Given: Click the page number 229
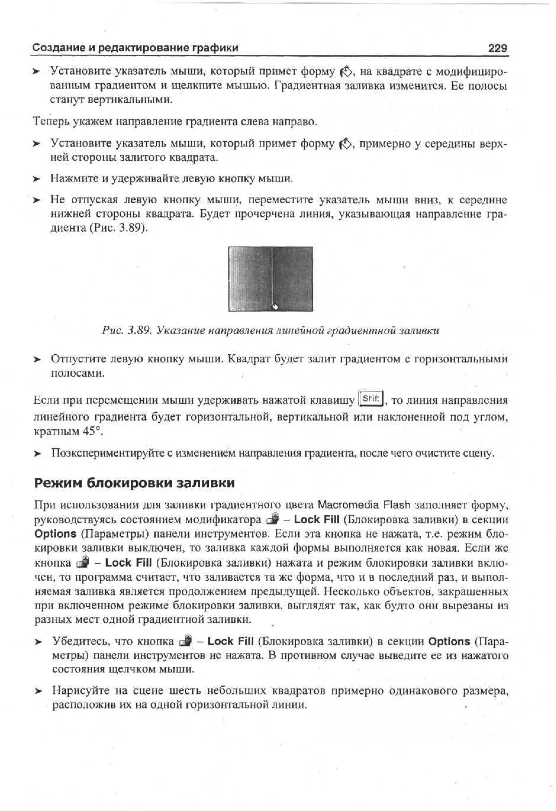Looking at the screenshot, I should [497, 48].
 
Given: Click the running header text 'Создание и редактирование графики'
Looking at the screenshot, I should [135, 48].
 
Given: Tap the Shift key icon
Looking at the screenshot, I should [371, 398].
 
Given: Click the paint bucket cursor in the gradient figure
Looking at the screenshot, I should [275, 307].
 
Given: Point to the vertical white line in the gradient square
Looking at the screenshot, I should [271, 272].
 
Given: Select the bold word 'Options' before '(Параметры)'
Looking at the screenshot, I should [55, 534].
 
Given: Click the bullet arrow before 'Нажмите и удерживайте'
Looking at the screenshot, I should [37, 179].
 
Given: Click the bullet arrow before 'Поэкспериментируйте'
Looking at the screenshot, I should [37, 454].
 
